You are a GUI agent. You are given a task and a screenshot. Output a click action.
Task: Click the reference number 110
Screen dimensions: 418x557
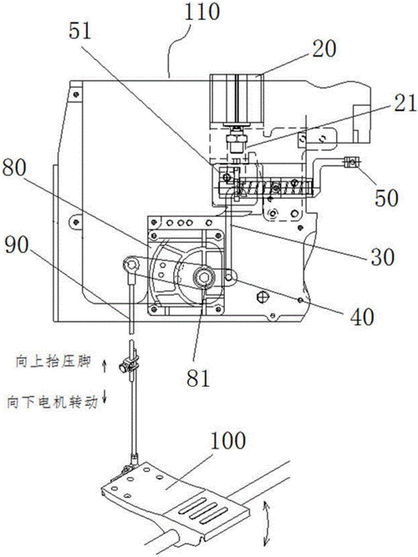coord(202,12)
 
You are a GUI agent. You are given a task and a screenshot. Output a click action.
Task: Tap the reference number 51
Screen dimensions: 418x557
coord(80,30)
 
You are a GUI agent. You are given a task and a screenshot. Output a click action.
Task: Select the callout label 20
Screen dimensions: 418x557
coord(324,48)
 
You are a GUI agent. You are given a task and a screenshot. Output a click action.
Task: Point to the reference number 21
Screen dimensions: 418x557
coord(405,104)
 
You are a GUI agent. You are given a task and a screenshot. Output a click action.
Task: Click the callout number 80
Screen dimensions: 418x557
coord(14,167)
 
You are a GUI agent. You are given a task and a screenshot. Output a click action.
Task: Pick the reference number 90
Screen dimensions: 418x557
coord(17,245)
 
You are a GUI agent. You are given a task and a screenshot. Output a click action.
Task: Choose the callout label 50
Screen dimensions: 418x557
coord(386,198)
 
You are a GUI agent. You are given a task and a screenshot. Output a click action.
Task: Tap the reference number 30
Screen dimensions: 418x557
coord(383,256)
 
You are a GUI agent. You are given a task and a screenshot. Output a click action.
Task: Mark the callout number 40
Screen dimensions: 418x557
coord(362,316)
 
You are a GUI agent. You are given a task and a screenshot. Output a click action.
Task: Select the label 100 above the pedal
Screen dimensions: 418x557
coord(228,440)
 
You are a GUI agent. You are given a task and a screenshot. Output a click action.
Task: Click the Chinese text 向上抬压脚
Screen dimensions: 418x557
coord(53,362)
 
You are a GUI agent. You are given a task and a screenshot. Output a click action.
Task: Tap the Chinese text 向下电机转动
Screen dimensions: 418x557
coord(52,403)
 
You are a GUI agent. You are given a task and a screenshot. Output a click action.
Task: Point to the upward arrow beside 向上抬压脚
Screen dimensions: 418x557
coord(104,366)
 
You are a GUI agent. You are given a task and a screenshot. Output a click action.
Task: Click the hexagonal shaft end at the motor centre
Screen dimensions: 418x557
coord(203,276)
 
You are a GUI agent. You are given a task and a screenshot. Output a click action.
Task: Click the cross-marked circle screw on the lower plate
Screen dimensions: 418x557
coord(262,296)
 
